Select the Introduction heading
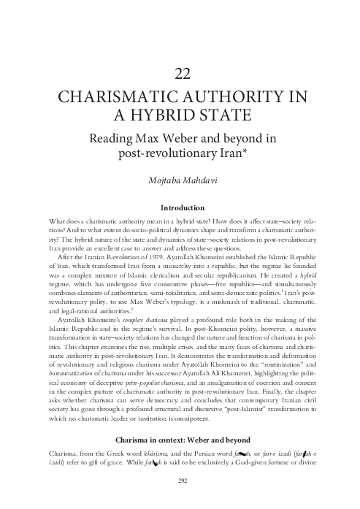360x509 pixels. click(x=180, y=207)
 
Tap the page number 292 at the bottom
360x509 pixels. click(x=180, y=500)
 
